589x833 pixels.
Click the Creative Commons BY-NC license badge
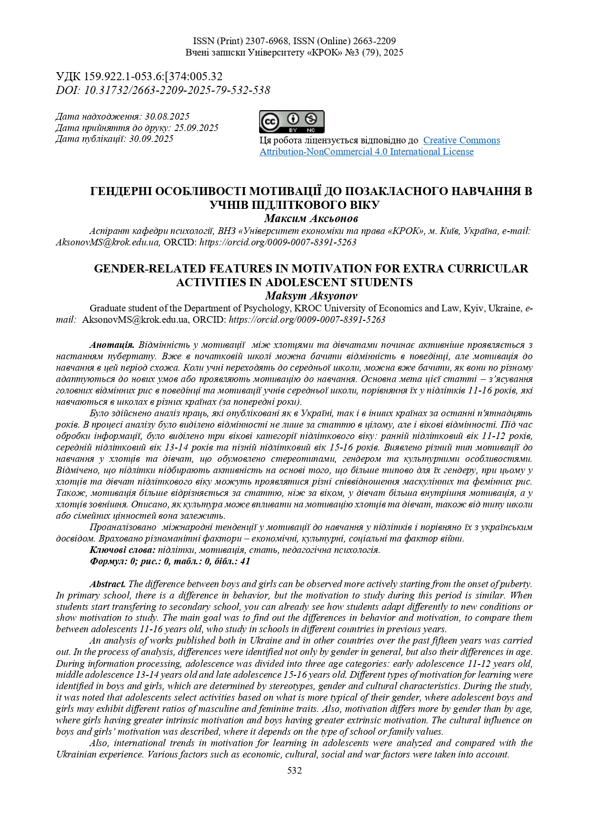[291, 122]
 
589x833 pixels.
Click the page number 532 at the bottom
[294, 771]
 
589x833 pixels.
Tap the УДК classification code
[153, 76]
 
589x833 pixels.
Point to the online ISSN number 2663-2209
[374, 41]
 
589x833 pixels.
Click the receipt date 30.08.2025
[167, 116]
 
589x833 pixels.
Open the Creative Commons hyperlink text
[461, 140]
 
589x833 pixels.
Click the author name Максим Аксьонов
[311, 219]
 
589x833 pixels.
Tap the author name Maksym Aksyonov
[311, 296]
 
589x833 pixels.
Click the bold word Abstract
[108, 584]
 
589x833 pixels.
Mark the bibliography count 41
[245, 562]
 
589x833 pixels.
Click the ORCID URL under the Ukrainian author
[278, 242]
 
